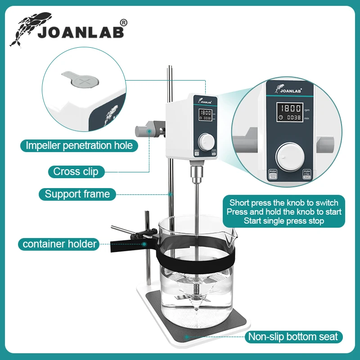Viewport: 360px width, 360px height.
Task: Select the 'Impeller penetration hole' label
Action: pyautogui.click(x=79, y=145)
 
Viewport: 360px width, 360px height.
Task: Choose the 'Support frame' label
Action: pyautogui.click(x=77, y=194)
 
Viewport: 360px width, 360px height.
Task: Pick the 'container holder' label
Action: pyautogui.click(x=60, y=244)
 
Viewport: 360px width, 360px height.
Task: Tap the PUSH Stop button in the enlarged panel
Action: pyautogui.click(x=273, y=175)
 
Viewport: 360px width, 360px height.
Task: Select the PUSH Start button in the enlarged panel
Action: pyautogui.click(x=307, y=175)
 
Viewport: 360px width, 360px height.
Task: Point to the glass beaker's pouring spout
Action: pyautogui.click(x=232, y=233)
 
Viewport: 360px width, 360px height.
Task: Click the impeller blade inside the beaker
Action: pyautogui.click(x=197, y=297)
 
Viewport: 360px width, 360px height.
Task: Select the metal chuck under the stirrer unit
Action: pyautogui.click(x=196, y=173)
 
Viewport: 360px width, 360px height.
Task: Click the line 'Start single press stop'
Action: pyautogui.click(x=284, y=221)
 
